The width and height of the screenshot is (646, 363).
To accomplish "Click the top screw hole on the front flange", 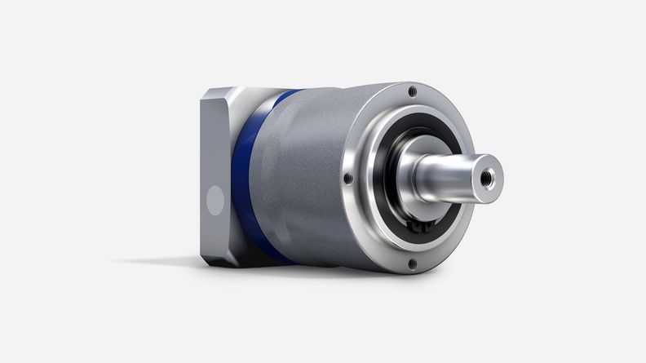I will [413, 91].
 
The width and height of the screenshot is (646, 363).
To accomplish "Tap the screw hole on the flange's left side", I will [348, 177].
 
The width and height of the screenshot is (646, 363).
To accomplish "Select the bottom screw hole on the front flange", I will [412, 263].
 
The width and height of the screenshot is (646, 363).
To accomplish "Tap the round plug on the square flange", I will [215, 198].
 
